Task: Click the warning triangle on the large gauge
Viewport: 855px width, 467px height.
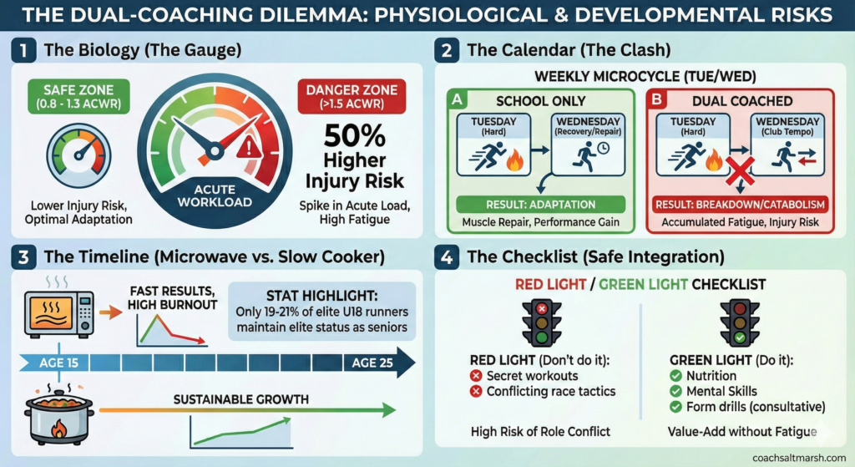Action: click(249, 149)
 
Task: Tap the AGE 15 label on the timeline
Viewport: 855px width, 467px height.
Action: click(61, 363)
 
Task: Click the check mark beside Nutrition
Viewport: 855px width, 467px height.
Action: click(676, 377)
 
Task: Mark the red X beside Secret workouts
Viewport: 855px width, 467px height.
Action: click(477, 377)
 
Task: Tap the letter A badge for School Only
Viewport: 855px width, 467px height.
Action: click(457, 99)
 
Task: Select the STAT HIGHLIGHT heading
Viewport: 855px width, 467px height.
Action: click(321, 297)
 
